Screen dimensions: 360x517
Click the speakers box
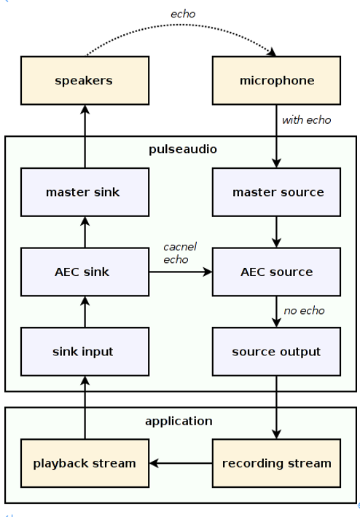(x=85, y=80)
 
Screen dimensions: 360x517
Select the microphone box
(x=276, y=80)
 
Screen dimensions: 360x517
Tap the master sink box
(x=85, y=192)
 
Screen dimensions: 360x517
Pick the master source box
(x=276, y=192)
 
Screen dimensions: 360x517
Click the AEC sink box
(x=85, y=272)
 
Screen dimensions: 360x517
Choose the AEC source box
(x=276, y=272)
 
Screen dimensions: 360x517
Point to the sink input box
(x=85, y=352)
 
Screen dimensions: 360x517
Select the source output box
(x=276, y=352)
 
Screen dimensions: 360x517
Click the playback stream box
(x=85, y=463)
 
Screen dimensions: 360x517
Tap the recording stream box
(x=276, y=463)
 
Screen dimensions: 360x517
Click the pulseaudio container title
(x=183, y=149)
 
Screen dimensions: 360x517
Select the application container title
(x=179, y=422)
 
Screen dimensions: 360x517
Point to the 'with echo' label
(x=306, y=120)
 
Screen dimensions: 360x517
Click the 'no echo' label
(x=304, y=311)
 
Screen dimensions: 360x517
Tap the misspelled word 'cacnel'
(x=180, y=247)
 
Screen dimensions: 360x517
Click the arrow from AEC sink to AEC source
(x=181, y=272)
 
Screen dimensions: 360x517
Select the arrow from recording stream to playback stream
(x=181, y=463)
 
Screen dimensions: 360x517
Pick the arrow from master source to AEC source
(x=276, y=232)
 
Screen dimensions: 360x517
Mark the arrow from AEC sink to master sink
(x=85, y=232)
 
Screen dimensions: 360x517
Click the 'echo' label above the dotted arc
(x=183, y=14)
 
